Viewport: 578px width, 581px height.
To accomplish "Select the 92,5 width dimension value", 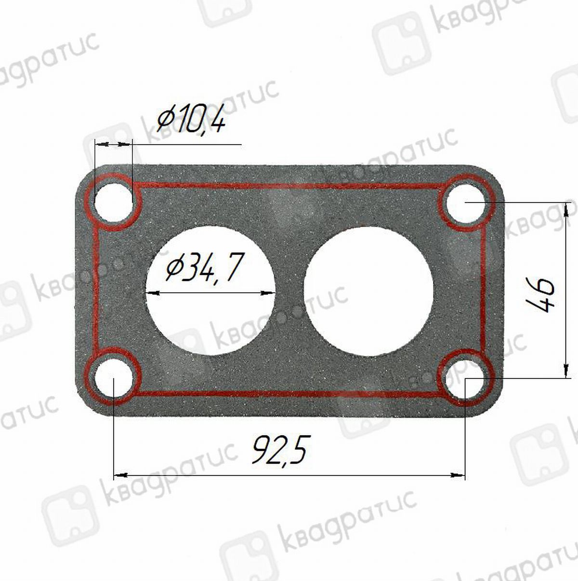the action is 280,450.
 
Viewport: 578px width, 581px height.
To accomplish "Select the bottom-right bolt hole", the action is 466,378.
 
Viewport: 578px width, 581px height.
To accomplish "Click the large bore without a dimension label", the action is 368,291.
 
